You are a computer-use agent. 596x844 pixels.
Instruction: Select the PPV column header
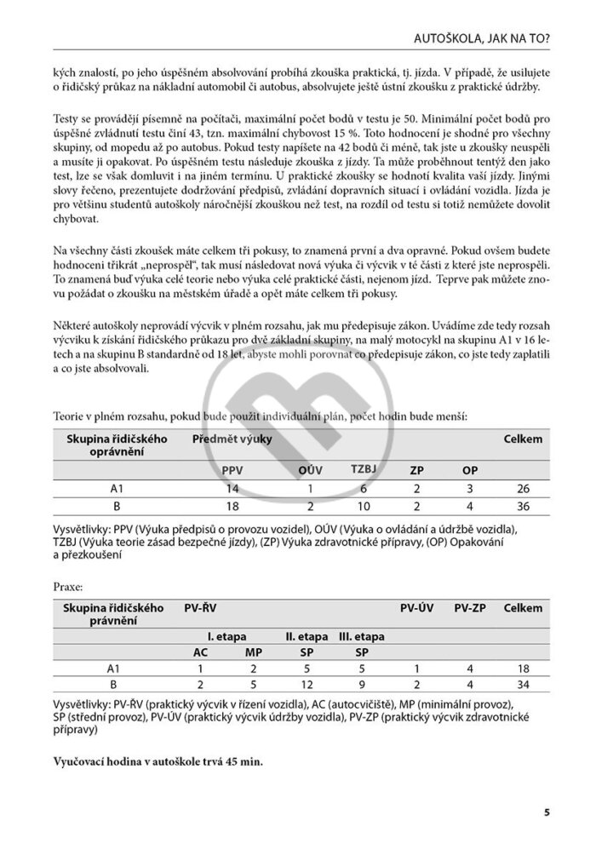pyautogui.click(x=232, y=470)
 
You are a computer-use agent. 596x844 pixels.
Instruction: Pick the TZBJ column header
pyautogui.click(x=364, y=469)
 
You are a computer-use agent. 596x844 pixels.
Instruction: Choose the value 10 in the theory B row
pyautogui.click(x=364, y=506)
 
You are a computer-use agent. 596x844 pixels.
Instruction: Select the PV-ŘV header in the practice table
pyautogui.click(x=200, y=609)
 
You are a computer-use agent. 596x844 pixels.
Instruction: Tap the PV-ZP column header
pyautogui.click(x=470, y=609)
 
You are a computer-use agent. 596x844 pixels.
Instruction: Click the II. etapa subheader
pyautogui.click(x=307, y=636)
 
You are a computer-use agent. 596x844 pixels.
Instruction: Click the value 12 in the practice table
pyautogui.click(x=307, y=684)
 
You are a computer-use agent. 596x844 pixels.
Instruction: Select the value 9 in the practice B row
pyautogui.click(x=361, y=684)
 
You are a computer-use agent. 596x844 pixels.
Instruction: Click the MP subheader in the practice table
pyautogui.click(x=253, y=652)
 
